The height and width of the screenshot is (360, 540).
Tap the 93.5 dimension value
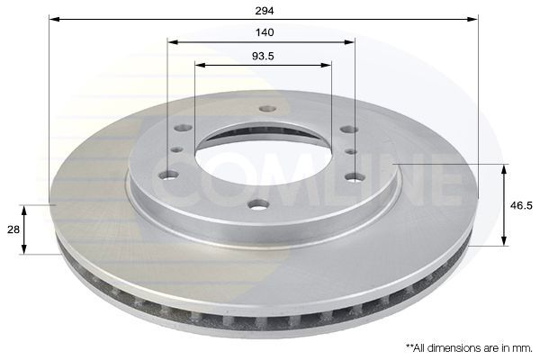click(x=263, y=56)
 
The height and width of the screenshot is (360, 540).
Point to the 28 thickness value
click(x=13, y=230)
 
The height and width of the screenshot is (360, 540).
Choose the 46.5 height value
click(x=521, y=204)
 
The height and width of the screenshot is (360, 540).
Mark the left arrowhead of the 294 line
click(x=53, y=19)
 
